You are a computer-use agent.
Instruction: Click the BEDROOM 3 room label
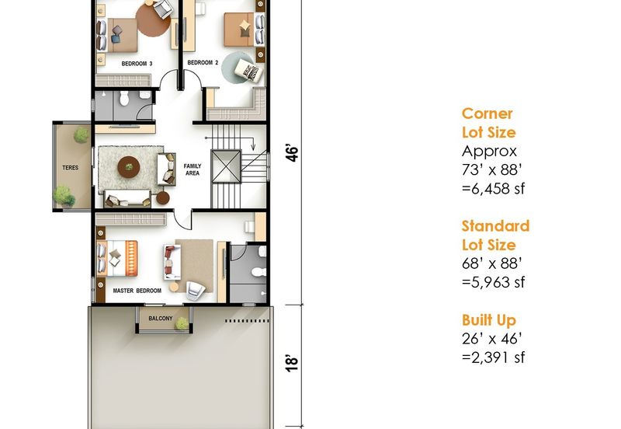(137, 64)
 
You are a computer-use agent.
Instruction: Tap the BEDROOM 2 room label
(203, 63)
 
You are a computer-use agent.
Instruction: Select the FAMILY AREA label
(193, 169)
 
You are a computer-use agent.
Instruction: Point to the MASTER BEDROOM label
(137, 291)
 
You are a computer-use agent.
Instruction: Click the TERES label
(71, 168)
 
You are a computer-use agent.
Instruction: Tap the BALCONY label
(161, 319)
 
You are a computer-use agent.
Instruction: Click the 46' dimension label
(292, 154)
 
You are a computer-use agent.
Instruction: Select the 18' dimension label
(292, 363)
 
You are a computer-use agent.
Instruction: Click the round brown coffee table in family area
(129, 167)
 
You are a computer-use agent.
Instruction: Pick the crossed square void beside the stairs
(226, 166)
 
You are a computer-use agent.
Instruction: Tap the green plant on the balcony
(182, 323)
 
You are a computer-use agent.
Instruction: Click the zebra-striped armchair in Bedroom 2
(248, 71)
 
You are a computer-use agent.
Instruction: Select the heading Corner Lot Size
(489, 123)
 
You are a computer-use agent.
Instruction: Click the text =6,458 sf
(493, 188)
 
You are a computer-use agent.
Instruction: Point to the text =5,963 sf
(493, 282)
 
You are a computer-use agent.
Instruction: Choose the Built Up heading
(489, 320)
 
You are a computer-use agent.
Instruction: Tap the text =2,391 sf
(493, 357)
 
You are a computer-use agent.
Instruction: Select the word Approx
(489, 152)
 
